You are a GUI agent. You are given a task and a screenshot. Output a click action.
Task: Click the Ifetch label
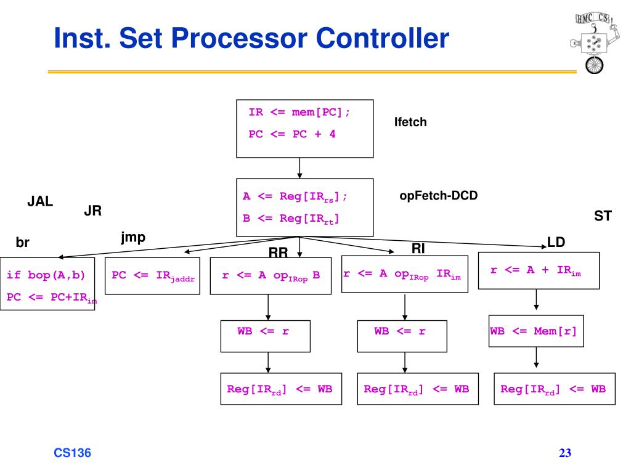[x=410, y=123]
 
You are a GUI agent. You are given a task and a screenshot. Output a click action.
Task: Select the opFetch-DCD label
[x=439, y=196]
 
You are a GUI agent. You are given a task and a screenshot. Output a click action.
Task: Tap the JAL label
[x=40, y=201]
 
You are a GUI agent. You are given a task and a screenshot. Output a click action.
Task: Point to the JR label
[x=92, y=211]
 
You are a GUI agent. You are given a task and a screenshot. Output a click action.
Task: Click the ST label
[x=602, y=216]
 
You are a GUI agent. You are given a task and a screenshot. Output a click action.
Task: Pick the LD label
[x=556, y=243]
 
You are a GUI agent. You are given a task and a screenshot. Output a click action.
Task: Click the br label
[x=23, y=243]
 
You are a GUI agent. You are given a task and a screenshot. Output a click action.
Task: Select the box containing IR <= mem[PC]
[x=305, y=128]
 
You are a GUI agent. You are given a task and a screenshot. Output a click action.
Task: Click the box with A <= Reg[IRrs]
[x=305, y=208]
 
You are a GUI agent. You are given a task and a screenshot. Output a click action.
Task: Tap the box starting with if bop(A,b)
[x=47, y=284]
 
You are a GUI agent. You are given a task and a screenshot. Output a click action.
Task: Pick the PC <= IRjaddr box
[x=153, y=275]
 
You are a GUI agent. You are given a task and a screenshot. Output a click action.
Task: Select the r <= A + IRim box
[x=539, y=270]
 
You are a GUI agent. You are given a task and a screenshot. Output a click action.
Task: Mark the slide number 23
[x=565, y=453]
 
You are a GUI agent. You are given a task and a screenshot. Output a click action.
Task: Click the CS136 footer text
[x=72, y=453]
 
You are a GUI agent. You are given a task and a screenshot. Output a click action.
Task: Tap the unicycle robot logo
[x=593, y=41]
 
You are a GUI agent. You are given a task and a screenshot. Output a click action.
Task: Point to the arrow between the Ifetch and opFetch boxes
[x=299, y=168]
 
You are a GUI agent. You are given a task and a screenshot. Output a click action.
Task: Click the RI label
[x=418, y=248]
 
